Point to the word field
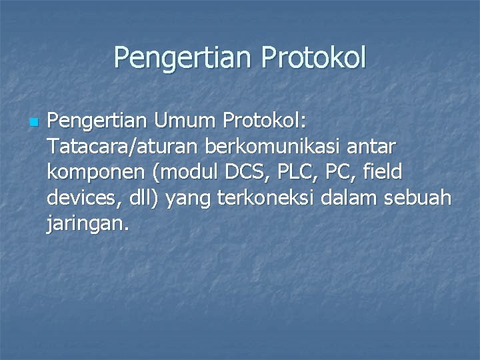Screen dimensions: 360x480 (383, 173)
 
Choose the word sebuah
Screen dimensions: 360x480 (420, 198)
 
